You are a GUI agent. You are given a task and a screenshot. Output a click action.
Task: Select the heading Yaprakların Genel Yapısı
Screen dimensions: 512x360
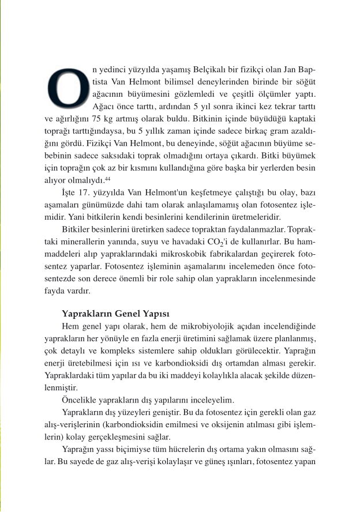point(115,314)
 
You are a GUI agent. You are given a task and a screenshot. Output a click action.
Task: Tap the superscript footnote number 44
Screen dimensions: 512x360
point(107,180)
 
